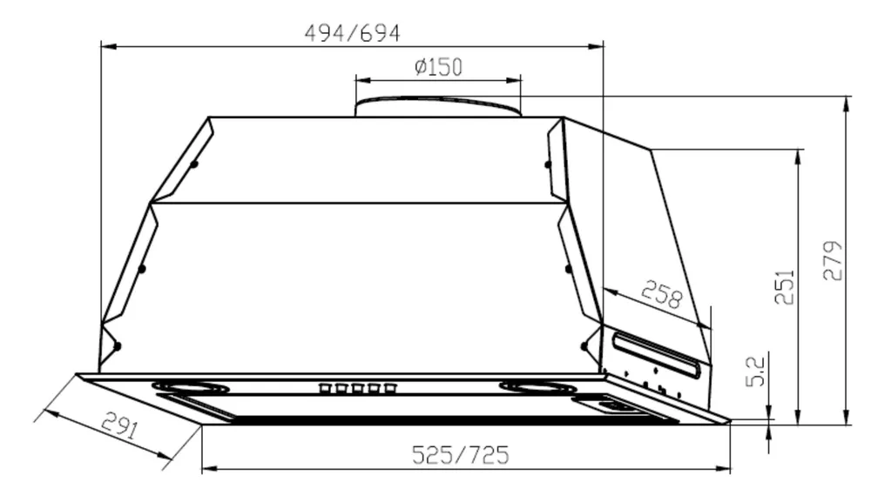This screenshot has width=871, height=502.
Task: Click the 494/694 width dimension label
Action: point(352,34)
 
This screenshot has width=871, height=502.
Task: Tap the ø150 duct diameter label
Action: point(438,67)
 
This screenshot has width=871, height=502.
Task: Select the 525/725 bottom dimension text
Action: point(460,455)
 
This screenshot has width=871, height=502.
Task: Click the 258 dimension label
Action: point(661,295)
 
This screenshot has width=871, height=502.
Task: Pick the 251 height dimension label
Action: point(785,287)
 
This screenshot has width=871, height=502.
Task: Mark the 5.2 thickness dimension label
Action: point(755,371)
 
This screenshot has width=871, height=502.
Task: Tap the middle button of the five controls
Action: point(357,388)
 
